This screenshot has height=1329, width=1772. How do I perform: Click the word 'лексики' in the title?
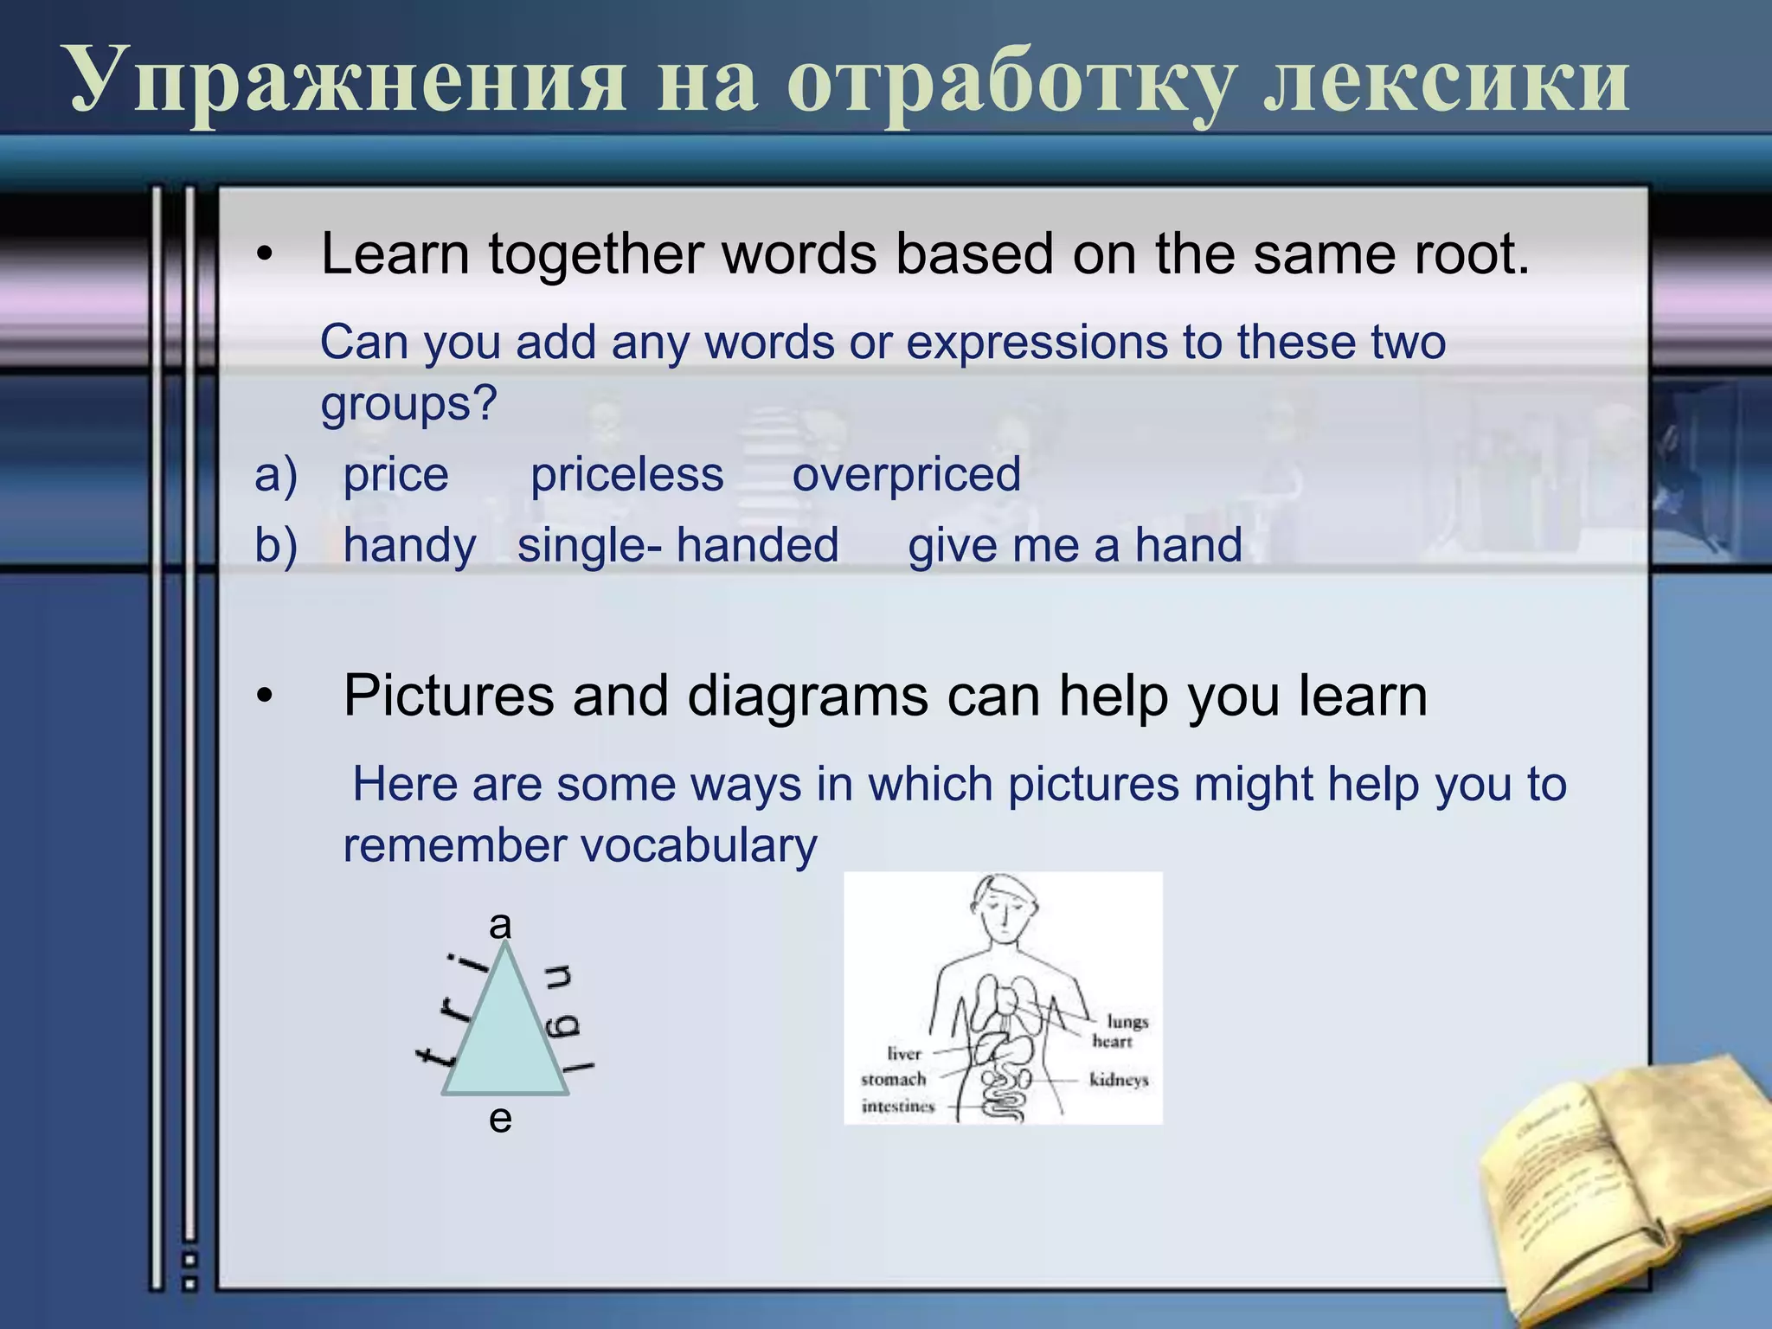[1445, 82]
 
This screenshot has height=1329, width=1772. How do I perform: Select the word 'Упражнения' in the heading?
[346, 82]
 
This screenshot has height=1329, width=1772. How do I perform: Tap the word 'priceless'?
[626, 475]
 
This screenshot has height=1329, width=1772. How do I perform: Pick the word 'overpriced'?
[906, 475]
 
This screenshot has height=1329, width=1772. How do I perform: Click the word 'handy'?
[409, 546]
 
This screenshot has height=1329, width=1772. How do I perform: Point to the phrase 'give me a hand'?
[1075, 546]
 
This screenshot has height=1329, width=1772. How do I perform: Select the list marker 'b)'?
[275, 546]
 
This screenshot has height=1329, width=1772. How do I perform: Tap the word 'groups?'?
[408, 403]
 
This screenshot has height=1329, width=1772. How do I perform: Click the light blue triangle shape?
[505, 1038]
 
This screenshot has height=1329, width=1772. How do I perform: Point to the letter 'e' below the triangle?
[500, 1119]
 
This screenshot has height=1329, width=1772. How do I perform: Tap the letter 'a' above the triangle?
[500, 925]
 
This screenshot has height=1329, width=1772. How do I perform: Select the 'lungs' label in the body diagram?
[1127, 1022]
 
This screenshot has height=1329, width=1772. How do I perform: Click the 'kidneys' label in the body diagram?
[1118, 1080]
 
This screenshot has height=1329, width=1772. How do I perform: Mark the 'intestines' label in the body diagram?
[897, 1107]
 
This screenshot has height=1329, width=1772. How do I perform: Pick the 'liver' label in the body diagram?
[903, 1053]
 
